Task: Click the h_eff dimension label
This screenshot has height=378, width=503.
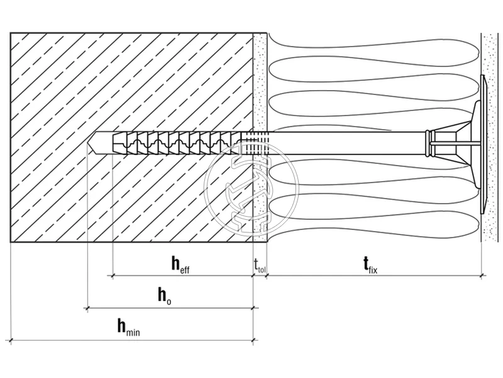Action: point(180,265)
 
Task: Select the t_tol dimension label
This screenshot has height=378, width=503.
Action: point(260,265)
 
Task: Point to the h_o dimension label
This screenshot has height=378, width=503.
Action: point(164,296)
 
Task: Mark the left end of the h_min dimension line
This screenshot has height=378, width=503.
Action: point(11,340)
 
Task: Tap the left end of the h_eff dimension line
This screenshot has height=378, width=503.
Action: point(112,275)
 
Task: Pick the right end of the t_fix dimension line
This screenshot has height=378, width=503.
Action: point(482,275)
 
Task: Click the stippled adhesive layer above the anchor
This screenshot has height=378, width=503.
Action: point(260,82)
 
